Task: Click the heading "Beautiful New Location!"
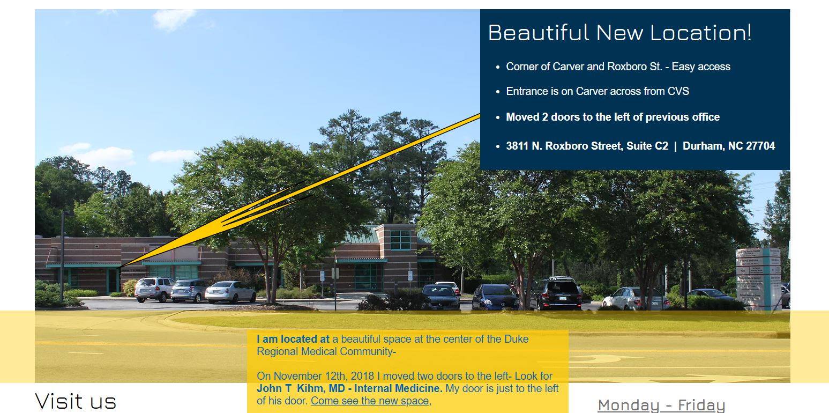[x=620, y=33]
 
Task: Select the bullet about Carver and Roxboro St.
[x=618, y=67]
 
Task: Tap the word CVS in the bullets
[x=678, y=91]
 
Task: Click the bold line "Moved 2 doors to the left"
[x=613, y=117]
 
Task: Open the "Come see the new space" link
[x=370, y=401]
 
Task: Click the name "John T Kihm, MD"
[x=301, y=388]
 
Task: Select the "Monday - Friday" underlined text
[x=661, y=405]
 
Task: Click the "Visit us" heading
[x=76, y=401]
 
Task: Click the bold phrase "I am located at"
[x=293, y=339]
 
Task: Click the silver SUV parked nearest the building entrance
[x=154, y=289]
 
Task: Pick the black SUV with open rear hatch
[x=557, y=293]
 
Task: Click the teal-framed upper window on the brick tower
[x=400, y=240]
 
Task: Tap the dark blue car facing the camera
[x=495, y=297]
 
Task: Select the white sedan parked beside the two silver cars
[x=230, y=292]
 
